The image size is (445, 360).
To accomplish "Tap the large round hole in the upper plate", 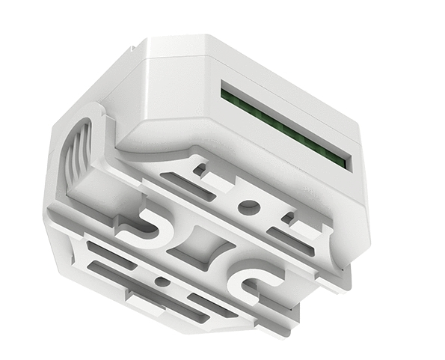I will (x=251, y=207).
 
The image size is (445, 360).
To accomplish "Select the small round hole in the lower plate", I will (x=161, y=282).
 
